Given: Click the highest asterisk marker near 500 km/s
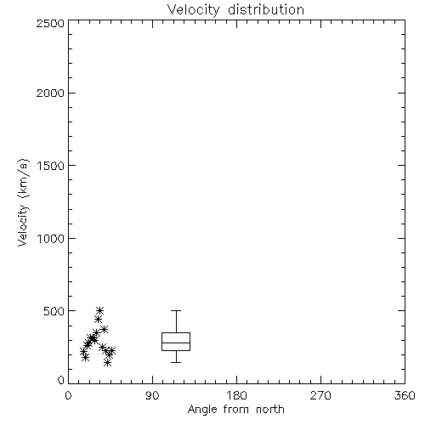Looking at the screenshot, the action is (99, 311).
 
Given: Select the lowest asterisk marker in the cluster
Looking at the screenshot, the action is (107, 362).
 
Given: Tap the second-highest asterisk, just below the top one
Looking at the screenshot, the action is (98, 320).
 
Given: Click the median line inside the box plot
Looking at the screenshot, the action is (176, 343).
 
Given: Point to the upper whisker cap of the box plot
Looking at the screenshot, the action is (176, 311).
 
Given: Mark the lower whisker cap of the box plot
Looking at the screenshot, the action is (176, 362).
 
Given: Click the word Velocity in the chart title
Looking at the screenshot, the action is (194, 10).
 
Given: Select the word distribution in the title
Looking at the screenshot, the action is (266, 9).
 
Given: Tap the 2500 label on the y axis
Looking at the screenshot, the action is (50, 23).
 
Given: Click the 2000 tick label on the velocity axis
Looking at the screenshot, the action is (50, 93).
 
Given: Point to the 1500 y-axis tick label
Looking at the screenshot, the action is (51, 166).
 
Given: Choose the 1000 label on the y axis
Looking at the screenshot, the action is (51, 239).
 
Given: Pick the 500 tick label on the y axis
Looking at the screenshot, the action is (54, 311).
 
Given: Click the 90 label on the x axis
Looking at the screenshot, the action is (152, 395).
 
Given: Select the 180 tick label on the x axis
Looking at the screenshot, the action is (236, 395).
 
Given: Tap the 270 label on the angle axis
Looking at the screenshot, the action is (320, 395).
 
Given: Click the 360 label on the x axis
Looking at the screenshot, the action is (405, 395).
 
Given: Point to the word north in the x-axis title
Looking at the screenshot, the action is (270, 410).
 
